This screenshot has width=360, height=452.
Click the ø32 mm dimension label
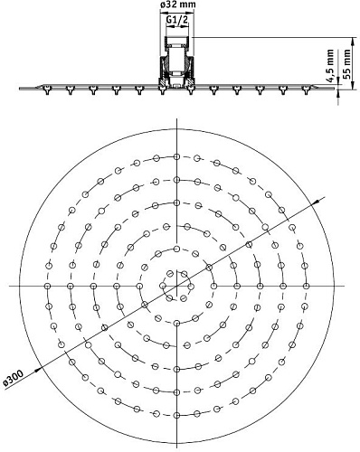(x=177, y=5)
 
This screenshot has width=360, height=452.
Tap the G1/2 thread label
(x=177, y=20)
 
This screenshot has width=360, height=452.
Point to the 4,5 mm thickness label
(x=331, y=65)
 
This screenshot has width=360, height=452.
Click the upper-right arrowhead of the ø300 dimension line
(x=316, y=202)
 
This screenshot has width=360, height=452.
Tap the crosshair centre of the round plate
(x=176, y=286)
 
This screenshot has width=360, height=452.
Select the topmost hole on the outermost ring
(x=176, y=156)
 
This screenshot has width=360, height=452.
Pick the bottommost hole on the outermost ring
(x=176, y=415)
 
